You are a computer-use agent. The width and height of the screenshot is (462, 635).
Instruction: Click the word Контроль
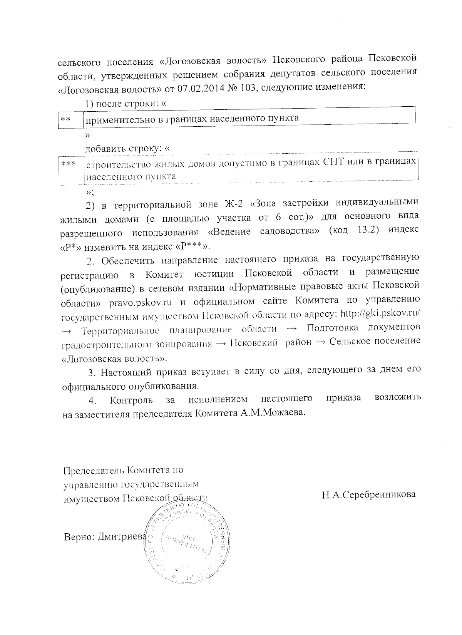131,400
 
